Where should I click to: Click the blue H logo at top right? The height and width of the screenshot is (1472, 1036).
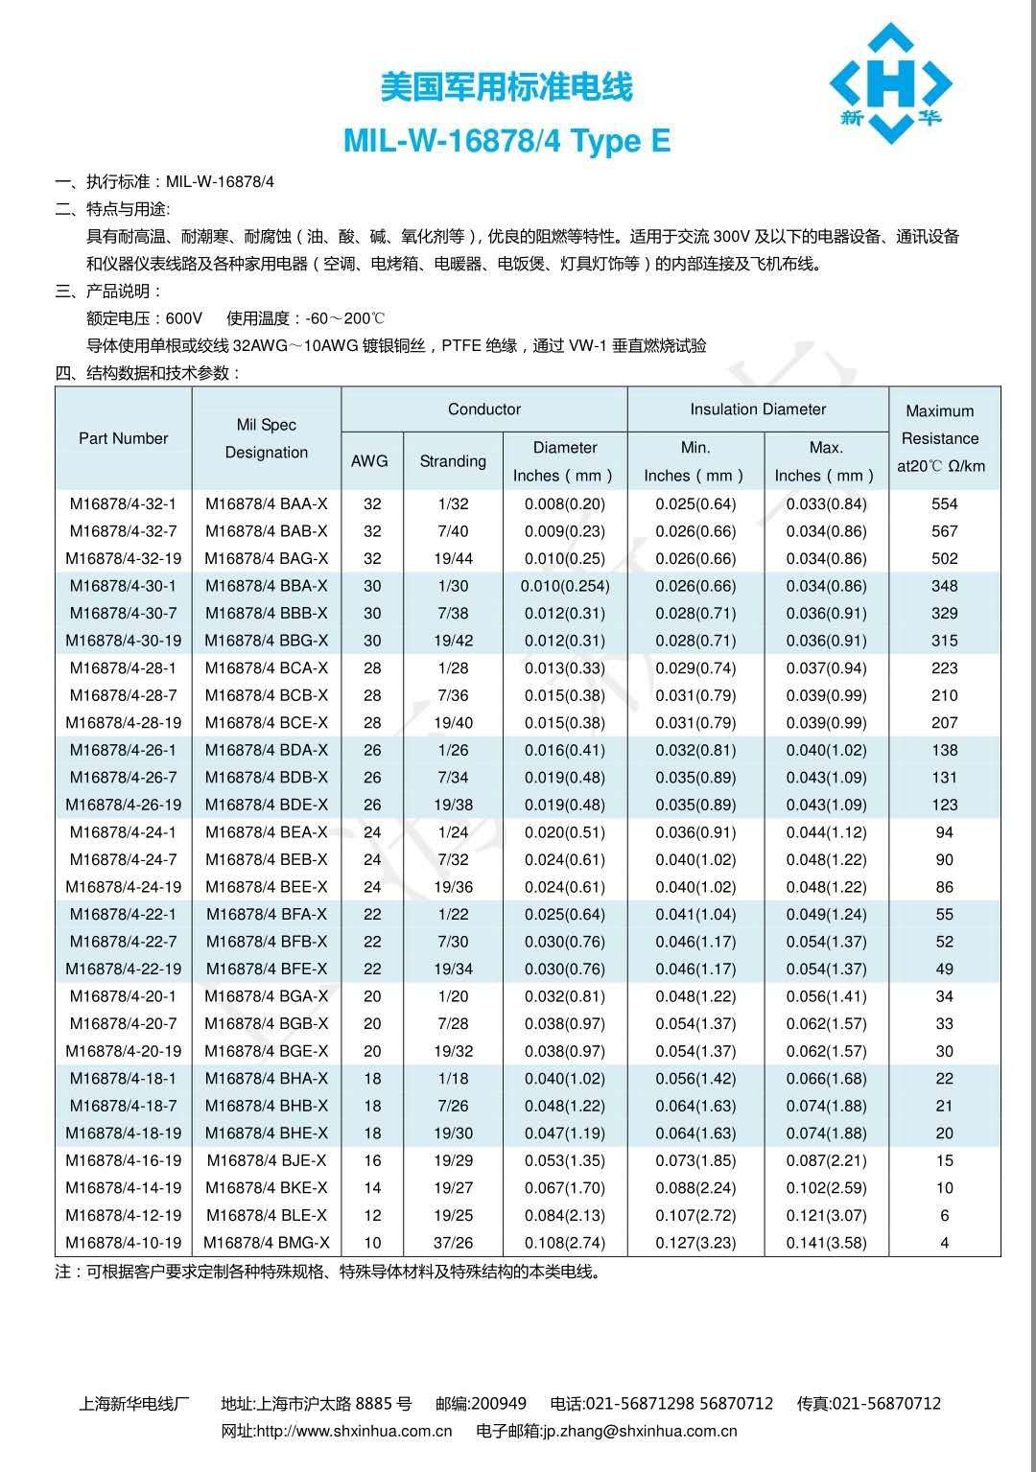[890, 84]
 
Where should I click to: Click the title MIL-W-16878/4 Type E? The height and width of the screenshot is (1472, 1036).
[506, 142]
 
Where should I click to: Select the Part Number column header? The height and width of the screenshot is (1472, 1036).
[124, 438]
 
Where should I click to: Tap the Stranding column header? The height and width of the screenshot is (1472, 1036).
[453, 461]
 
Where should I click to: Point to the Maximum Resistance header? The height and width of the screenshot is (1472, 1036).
[940, 438]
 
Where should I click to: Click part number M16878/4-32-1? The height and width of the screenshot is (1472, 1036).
[124, 503]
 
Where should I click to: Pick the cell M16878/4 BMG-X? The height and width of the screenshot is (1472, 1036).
[267, 1243]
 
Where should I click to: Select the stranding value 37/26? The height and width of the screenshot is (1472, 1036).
[453, 1243]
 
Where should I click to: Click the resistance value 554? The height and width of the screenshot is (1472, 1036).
[944, 503]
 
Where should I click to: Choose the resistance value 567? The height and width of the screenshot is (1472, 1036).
[944, 531]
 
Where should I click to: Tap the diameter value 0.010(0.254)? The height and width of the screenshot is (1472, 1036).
[565, 586]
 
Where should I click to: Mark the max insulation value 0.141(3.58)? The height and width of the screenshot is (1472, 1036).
[826, 1243]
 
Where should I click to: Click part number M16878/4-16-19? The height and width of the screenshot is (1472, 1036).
[124, 1160]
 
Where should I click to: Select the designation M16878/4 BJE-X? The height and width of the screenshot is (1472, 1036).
[267, 1160]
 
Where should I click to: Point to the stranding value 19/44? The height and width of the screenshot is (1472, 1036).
[453, 558]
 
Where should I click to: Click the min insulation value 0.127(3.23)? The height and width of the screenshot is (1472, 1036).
[695, 1243]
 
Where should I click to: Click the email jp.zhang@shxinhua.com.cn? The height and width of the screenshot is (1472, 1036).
[640, 1431]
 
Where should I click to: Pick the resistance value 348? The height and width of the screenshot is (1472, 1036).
[944, 586]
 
